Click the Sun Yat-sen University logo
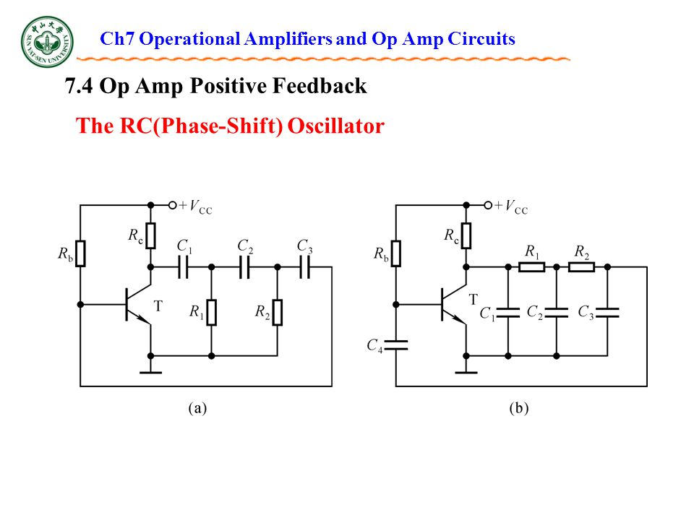click(x=48, y=42)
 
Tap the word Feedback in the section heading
click(x=320, y=85)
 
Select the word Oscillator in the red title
click(x=336, y=126)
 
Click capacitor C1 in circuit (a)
click(x=183, y=267)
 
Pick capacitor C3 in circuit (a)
click(x=304, y=267)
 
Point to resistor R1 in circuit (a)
click(x=212, y=312)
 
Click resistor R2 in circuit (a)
click(x=278, y=312)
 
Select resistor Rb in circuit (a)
click(x=80, y=253)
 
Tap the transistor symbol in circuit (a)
click(x=139, y=304)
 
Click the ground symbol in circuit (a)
click(x=150, y=370)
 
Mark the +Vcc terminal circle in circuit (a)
click(x=173, y=205)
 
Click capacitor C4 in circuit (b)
click(x=396, y=345)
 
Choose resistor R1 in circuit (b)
click(x=531, y=267)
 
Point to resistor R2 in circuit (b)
click(x=581, y=267)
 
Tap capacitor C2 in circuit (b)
click(x=557, y=313)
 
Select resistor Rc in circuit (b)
click(x=466, y=235)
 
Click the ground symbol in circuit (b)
click(x=466, y=370)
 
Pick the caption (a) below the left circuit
click(x=197, y=407)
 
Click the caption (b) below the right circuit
click(x=519, y=407)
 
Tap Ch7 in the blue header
click(x=117, y=39)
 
